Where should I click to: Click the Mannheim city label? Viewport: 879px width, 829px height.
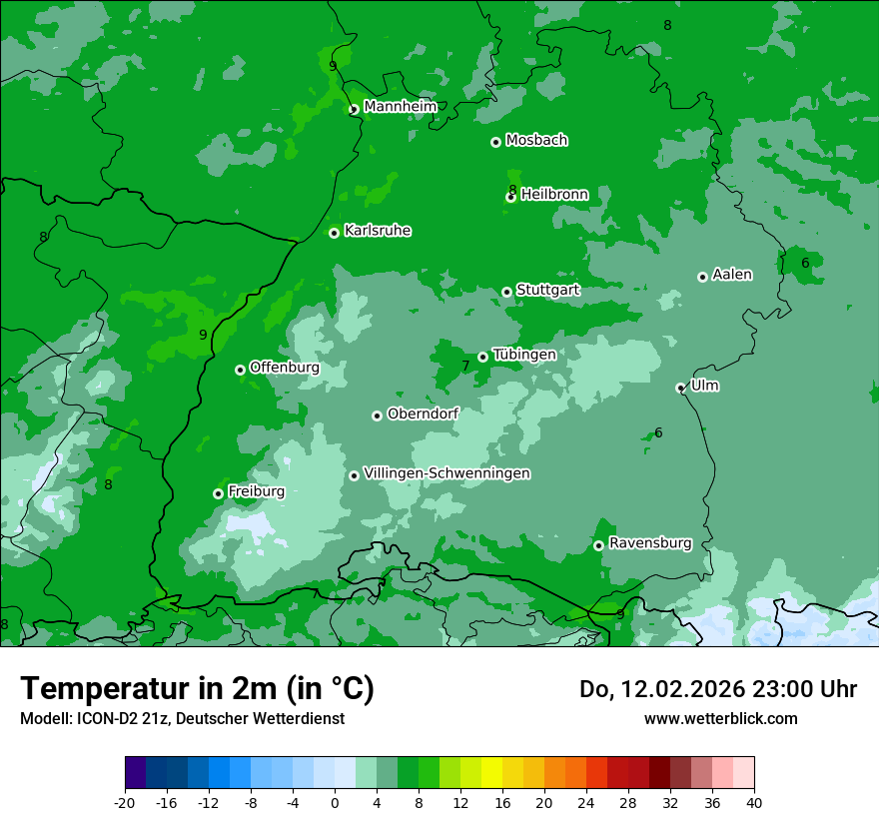pos(401,107)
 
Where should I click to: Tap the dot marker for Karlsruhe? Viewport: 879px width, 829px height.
pos(335,234)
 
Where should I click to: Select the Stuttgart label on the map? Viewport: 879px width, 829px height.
pos(547,291)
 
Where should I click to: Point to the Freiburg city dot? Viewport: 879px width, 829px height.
pos(218,493)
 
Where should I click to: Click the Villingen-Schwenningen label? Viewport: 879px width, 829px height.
pos(447,473)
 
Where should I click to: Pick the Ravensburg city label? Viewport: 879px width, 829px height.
pos(650,543)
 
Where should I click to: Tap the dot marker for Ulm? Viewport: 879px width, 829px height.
pos(681,388)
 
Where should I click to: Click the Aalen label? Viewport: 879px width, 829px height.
pos(732,275)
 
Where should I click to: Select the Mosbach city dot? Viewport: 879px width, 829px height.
pos(495,142)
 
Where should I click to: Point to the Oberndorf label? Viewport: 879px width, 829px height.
pos(423,414)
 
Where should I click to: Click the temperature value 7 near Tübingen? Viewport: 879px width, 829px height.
pos(465,367)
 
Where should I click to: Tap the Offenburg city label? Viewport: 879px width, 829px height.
pos(285,368)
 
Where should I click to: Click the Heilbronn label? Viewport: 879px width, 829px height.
pos(554,195)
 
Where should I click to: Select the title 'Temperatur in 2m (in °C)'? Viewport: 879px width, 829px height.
pos(197,689)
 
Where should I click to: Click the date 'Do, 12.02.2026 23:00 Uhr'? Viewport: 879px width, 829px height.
pos(718,689)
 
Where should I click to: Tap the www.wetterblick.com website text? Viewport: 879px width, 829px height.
pos(721,718)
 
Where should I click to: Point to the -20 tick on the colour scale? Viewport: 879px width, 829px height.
pos(125,802)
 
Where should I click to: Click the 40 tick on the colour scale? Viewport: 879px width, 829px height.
pos(754,802)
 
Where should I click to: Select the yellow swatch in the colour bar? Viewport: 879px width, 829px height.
pos(491,773)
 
